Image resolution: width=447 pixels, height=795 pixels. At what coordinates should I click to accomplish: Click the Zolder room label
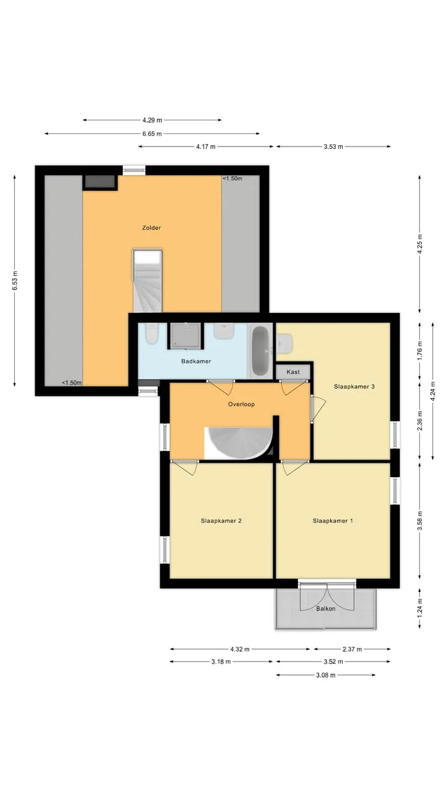151,228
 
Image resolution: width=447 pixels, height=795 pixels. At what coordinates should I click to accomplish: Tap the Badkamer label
196,361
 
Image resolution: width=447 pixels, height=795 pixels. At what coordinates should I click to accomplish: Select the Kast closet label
294,372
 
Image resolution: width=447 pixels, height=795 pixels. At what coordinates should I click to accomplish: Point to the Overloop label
242,404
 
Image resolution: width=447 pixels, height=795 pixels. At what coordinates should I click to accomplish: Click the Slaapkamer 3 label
354,386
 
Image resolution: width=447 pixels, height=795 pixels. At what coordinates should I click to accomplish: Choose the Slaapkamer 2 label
221,520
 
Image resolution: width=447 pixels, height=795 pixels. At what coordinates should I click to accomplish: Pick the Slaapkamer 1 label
333,520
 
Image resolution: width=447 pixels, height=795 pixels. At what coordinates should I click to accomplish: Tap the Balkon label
326,609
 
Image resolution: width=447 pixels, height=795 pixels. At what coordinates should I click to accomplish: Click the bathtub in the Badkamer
261,351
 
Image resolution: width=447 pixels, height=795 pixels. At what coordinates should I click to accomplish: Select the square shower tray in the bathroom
186,336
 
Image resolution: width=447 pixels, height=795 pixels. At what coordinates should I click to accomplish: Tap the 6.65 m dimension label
152,134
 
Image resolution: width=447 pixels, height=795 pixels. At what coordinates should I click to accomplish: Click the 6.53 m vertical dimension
14,281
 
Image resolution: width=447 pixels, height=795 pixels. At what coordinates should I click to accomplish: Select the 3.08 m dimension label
326,675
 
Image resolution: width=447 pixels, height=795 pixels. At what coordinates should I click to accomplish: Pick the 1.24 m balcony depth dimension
420,608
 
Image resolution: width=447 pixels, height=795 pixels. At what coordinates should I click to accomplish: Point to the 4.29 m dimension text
152,120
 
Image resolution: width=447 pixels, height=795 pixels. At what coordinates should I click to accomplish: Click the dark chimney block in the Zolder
100,182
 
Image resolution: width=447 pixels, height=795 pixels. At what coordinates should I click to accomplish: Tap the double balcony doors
327,597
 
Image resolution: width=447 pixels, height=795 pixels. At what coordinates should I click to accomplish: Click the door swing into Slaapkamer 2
184,468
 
